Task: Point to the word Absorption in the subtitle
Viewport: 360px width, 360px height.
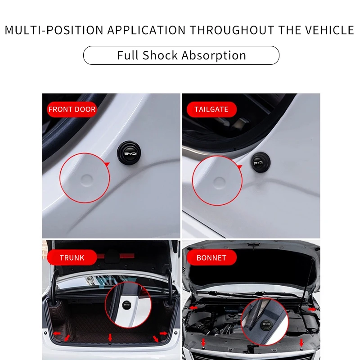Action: click(x=214, y=55)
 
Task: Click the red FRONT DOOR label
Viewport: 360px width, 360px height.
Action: click(x=72, y=109)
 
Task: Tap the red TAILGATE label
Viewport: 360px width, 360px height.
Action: click(x=211, y=109)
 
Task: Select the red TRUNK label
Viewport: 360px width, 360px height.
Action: click(x=72, y=258)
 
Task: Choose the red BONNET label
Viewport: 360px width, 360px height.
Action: click(x=211, y=258)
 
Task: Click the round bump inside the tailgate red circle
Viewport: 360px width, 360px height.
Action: click(x=219, y=182)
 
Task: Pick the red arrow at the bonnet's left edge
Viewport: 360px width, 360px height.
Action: click(x=193, y=308)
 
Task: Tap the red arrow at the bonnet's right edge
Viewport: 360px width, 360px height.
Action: click(x=311, y=309)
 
